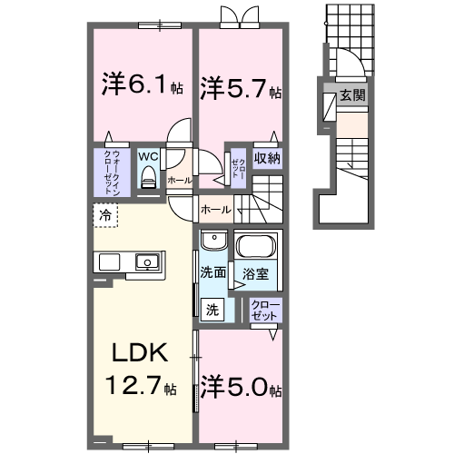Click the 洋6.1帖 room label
click(143, 87)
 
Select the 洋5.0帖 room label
click(241, 388)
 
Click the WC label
click(148, 155)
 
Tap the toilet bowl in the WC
click(148, 177)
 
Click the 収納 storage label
click(266, 158)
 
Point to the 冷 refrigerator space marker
click(104, 216)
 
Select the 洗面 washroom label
click(212, 271)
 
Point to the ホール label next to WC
click(179, 181)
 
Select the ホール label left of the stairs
click(214, 210)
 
